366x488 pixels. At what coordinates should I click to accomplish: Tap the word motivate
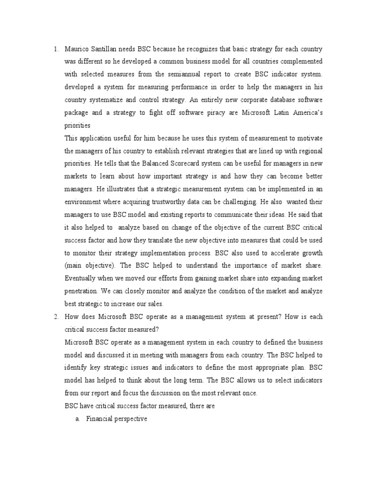pyautogui.click(x=308, y=139)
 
